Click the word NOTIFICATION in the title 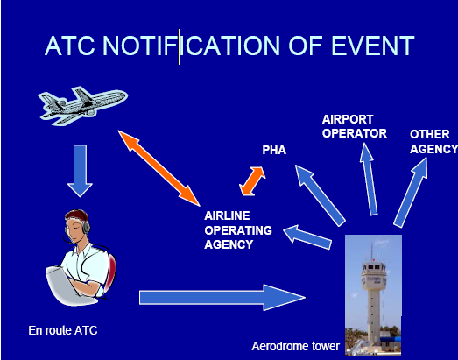(x=191, y=46)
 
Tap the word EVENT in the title (x=373, y=46)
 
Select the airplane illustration (x=82, y=105)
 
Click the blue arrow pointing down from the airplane (x=80, y=171)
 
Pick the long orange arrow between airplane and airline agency (x=159, y=168)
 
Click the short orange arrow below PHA (x=252, y=181)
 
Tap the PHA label (x=274, y=150)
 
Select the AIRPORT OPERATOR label (x=355, y=126)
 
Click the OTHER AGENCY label (x=433, y=141)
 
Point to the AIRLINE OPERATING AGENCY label (x=238, y=230)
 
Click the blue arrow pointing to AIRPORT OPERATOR (x=369, y=179)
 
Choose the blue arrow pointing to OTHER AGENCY (x=411, y=193)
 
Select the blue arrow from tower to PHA (x=321, y=195)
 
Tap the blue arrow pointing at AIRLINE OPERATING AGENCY (x=307, y=237)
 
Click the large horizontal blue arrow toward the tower (x=222, y=298)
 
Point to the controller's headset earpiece (x=86, y=228)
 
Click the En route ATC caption (x=63, y=330)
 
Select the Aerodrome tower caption (x=296, y=346)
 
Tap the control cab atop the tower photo (x=374, y=272)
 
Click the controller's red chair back (x=109, y=273)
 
